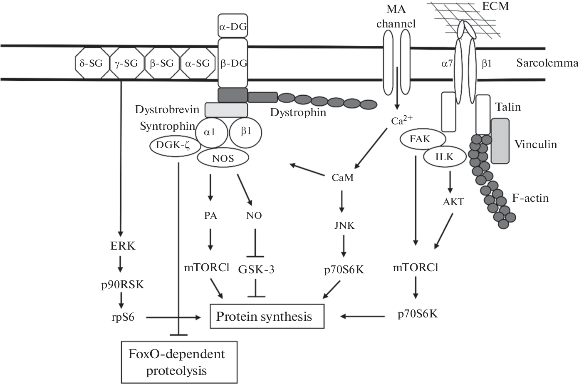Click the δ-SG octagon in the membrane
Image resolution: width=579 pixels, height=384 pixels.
91,63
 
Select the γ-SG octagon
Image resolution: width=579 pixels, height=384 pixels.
126,63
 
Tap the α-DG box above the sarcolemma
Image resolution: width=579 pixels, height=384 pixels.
233,27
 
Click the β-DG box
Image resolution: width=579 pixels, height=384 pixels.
233,63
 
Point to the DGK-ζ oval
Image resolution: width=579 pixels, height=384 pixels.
172,145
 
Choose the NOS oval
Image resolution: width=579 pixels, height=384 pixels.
223,158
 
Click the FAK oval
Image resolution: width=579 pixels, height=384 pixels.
420,139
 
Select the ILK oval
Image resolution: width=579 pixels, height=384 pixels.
444,157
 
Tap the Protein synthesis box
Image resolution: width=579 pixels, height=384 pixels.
267,317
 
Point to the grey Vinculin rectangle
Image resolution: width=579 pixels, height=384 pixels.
500,141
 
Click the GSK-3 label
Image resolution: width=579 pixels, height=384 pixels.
256,270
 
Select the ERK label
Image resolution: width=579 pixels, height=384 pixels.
123,246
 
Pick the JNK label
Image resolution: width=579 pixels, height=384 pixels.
344,225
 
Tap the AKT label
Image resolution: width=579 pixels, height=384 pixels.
453,202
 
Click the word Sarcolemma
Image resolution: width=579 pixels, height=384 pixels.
547,63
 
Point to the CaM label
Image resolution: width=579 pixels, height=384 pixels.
343,178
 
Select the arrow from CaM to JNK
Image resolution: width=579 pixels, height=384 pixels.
342,201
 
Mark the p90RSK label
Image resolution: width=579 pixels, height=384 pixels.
123,285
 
